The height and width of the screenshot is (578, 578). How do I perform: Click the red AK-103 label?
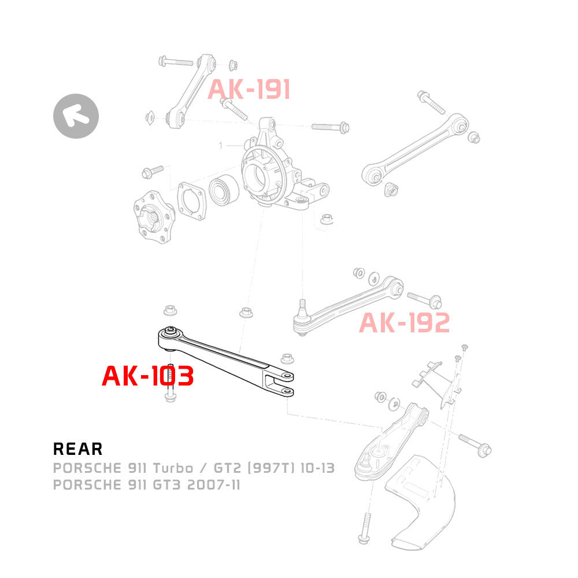point(148,376)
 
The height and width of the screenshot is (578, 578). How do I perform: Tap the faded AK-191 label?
point(249,90)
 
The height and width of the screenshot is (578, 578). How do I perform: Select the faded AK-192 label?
point(405,323)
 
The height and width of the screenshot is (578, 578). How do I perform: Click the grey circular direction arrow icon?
point(76,116)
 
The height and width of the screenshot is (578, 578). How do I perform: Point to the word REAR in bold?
point(78,449)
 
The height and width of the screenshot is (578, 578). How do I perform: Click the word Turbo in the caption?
point(173,468)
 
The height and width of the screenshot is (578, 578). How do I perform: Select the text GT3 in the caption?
point(166,485)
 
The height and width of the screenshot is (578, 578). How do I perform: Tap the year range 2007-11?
point(214,485)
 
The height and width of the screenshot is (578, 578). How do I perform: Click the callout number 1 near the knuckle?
point(221,146)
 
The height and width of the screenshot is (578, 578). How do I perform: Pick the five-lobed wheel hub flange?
point(154,217)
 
